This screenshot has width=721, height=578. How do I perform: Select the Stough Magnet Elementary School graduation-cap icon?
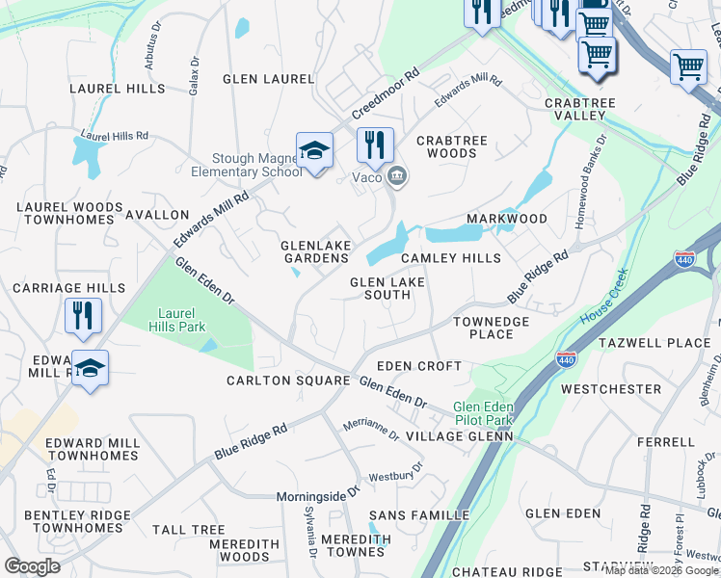(x=314, y=151)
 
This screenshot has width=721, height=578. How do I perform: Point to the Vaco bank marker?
(x=396, y=176)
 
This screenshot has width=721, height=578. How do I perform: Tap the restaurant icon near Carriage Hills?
(x=84, y=315)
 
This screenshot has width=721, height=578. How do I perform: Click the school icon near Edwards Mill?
(x=90, y=368)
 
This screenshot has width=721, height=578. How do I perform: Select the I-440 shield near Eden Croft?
(x=566, y=360)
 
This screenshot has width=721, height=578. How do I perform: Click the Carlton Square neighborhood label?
(x=287, y=381)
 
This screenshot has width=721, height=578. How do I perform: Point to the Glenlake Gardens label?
(x=315, y=252)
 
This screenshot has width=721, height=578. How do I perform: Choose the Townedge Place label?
(x=491, y=328)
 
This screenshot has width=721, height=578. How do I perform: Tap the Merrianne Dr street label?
(x=371, y=429)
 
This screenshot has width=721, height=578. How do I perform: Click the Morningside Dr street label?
(x=318, y=493)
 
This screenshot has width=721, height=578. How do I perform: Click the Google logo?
(x=32, y=566)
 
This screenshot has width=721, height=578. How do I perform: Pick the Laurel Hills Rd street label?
(x=115, y=136)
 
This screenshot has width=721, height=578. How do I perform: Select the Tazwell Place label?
(x=654, y=343)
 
